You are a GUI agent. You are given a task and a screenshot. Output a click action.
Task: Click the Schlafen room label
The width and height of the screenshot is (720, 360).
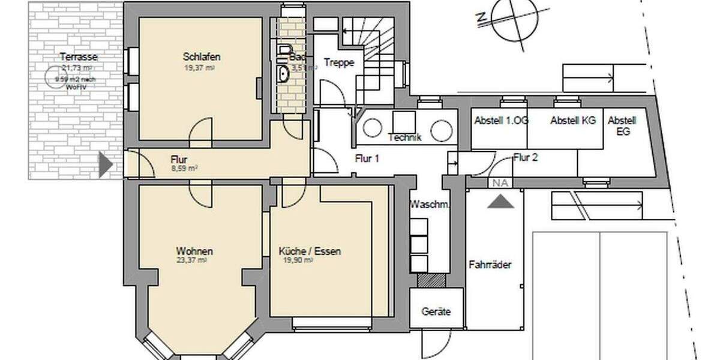pyautogui.click(x=202, y=57)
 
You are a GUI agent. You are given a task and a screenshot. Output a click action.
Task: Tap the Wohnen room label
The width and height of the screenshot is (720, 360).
pyautogui.click(x=194, y=251)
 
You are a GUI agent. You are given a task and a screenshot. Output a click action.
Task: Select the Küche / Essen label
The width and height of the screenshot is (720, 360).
pyautogui.click(x=310, y=251)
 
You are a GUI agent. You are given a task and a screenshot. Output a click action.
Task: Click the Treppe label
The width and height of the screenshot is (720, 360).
pyautogui.click(x=339, y=62)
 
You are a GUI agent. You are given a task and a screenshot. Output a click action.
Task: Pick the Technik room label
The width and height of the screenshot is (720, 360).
pyautogui.click(x=405, y=137)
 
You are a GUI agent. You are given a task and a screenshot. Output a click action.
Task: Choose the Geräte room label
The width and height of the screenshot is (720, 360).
pyautogui.click(x=436, y=312)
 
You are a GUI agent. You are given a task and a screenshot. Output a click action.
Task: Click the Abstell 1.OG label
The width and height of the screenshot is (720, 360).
pyautogui.click(x=501, y=120)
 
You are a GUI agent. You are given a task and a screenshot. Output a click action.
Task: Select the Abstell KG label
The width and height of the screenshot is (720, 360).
pyautogui.click(x=573, y=120)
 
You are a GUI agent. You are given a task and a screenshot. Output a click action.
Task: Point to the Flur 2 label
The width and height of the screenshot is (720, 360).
pyautogui.click(x=526, y=158)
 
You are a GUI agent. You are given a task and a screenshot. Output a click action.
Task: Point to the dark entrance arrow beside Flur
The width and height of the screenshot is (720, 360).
pyautogui.click(x=105, y=164)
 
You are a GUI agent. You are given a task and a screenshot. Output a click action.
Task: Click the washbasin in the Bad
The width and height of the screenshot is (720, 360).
pyautogui.click(x=284, y=73)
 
